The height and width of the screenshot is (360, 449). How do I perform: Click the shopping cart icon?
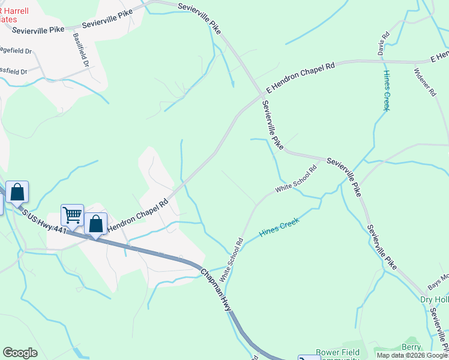point(72,214)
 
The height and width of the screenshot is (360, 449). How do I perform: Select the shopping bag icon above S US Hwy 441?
point(17,192)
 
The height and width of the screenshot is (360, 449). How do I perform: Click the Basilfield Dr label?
point(81,50)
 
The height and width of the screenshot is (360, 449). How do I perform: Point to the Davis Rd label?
point(384,44)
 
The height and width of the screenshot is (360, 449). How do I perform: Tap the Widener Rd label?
point(421,81)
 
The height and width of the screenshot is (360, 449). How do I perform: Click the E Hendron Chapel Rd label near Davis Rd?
point(300,78)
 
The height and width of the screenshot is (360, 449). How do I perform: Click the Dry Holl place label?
point(434,299)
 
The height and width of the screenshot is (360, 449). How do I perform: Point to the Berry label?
point(411,347)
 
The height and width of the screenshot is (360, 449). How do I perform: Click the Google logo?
point(20,353)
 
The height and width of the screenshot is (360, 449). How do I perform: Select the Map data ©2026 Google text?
point(412,355)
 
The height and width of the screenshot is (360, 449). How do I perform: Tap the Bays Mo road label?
point(437,278)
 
